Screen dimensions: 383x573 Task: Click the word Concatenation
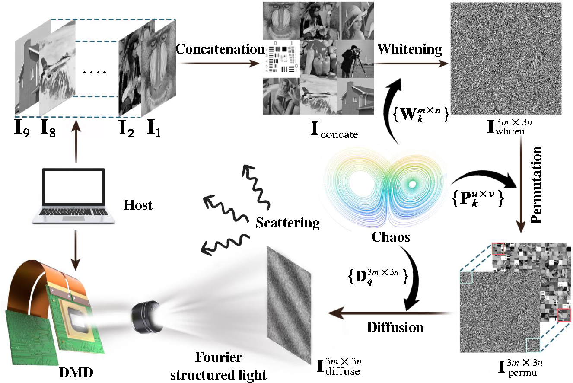tap(220, 49)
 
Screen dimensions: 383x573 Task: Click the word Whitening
tap(410, 49)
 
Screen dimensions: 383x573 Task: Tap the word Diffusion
tap(395, 327)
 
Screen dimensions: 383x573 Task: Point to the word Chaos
tap(390, 236)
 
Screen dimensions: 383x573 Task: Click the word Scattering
tap(287, 223)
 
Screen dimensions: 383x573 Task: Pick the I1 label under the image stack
tap(154, 128)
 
